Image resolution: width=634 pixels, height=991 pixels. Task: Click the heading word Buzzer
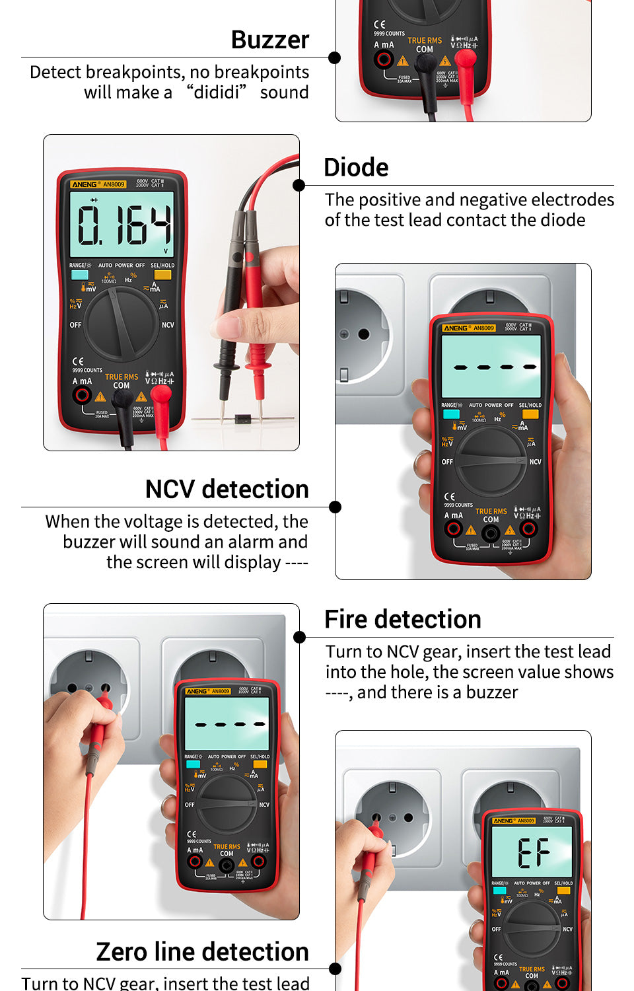click(270, 40)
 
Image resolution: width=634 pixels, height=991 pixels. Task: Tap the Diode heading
click(356, 168)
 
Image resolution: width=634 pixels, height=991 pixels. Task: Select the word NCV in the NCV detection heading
click(170, 490)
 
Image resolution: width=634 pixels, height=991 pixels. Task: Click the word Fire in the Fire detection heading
click(349, 620)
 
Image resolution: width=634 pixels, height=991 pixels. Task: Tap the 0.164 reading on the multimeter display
click(124, 225)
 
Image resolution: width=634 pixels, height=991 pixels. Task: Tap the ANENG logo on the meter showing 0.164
click(85, 184)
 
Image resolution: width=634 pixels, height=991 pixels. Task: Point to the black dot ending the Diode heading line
click(299, 186)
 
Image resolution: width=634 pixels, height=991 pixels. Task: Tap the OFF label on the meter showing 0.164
click(76, 325)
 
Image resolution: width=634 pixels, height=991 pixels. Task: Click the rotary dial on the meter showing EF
click(532, 928)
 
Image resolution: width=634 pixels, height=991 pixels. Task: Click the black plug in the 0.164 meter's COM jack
click(123, 398)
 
